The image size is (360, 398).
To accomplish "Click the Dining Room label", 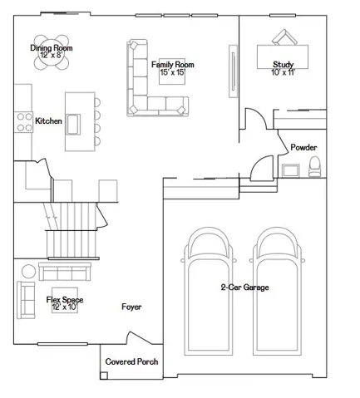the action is tap(52, 48).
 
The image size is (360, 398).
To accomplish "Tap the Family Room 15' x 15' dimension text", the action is tap(172, 72).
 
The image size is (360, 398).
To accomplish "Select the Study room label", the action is tap(283, 65).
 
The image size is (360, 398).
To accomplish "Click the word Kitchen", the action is tap(48, 121).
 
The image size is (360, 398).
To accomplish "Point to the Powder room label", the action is tap(303, 147).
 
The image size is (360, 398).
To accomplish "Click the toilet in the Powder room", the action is tap(314, 166).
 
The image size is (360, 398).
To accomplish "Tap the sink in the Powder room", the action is tap(290, 170).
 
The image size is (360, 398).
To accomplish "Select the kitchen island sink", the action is tap(73, 125).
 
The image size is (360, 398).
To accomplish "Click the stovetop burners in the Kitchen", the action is tap(24, 122).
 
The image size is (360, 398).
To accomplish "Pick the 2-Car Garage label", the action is tap(244, 287).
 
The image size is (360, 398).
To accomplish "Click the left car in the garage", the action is tap(209, 292).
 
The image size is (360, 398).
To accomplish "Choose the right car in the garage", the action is tap(277, 292).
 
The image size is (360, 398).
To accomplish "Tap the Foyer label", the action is tap(131, 307).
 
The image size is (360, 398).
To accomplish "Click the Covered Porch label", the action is tap(131, 361).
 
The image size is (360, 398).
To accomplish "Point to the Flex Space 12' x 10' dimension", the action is tap(65, 307).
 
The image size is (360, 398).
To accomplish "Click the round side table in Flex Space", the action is tap(28, 272).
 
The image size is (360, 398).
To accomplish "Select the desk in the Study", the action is tap(283, 57).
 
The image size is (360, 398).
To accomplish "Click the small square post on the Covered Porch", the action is tap(104, 376).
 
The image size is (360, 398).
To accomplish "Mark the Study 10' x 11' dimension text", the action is tap(283, 72).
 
